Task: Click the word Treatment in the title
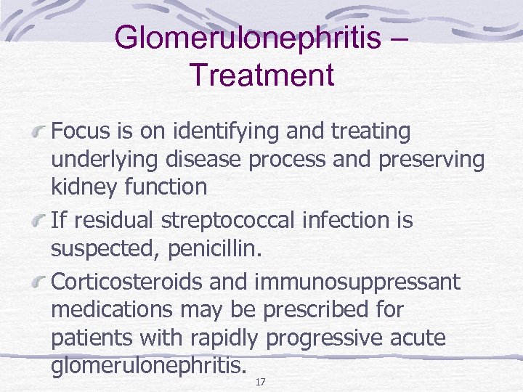coord(261,74)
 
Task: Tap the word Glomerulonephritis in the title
coord(248,38)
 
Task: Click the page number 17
coord(260,382)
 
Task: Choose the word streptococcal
coord(235,220)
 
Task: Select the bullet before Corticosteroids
coord(43,282)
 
